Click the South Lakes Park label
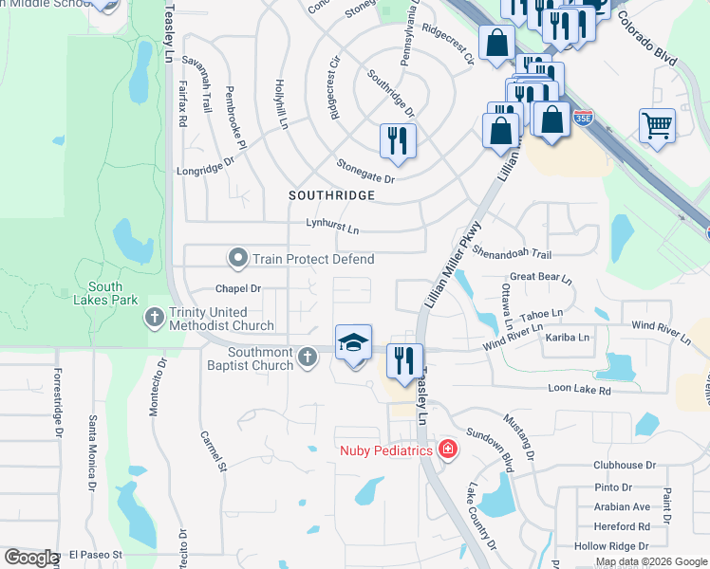[106, 293]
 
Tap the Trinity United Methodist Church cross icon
[155, 320]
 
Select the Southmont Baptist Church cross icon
[306, 357]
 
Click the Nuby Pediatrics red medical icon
[447, 449]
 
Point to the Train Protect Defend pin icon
[238, 258]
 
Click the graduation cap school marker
[352, 342]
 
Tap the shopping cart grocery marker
[657, 125]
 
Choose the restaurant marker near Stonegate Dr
[398, 141]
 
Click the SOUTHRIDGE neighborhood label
[332, 195]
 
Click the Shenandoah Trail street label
[512, 254]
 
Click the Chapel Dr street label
[238, 287]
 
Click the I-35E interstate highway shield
[582, 119]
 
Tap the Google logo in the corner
[30, 557]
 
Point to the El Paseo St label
[97, 554]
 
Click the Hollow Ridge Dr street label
[612, 546]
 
